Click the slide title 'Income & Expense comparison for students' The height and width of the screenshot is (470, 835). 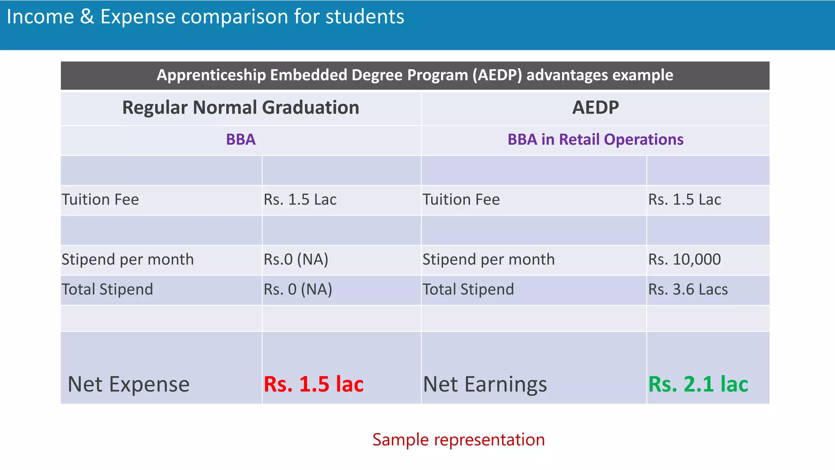(x=205, y=17)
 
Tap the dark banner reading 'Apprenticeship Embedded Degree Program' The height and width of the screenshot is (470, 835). (x=415, y=75)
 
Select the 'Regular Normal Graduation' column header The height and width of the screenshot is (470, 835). (x=241, y=108)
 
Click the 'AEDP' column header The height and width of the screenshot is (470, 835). (x=595, y=108)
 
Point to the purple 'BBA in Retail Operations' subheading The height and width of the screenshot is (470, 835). (x=595, y=140)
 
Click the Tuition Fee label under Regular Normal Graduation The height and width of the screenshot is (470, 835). (x=100, y=200)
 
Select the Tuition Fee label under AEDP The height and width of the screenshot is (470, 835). (x=461, y=200)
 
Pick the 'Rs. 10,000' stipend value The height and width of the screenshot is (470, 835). (x=685, y=259)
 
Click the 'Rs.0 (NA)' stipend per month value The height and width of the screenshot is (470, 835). (x=296, y=259)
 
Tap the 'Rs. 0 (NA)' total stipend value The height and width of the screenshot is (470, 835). (x=298, y=289)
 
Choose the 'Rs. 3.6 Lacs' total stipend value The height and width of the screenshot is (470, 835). (x=688, y=289)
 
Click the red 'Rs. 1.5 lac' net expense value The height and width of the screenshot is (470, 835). (x=314, y=384)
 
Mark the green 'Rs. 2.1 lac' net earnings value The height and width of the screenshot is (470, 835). (x=698, y=384)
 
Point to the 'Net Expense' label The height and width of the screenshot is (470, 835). (x=128, y=384)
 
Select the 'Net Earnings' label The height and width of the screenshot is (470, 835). (x=485, y=384)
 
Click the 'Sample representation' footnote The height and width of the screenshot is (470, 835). (x=458, y=440)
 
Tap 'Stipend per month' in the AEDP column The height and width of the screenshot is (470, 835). (x=488, y=259)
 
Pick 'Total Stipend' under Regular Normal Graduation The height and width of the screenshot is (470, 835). (x=107, y=289)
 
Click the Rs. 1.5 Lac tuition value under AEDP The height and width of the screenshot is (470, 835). (x=685, y=200)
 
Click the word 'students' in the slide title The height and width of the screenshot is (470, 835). (x=365, y=17)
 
